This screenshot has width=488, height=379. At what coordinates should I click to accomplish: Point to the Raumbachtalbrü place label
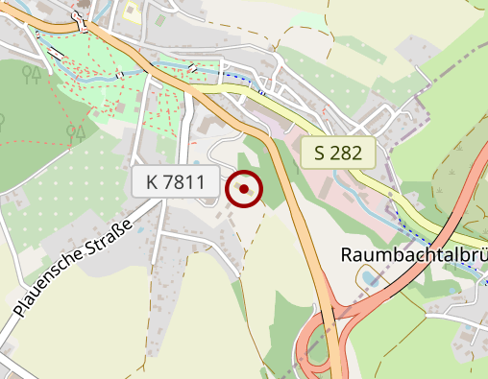414,256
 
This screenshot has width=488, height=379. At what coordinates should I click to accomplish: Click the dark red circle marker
244,189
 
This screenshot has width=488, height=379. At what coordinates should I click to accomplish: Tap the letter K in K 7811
154,181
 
